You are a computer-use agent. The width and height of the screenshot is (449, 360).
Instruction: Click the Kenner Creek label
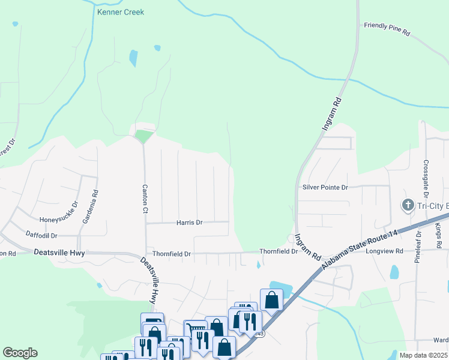tap(120, 12)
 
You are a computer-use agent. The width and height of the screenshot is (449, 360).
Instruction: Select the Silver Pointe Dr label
tap(325, 187)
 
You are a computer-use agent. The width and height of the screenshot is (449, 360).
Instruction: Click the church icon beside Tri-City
tap(408, 205)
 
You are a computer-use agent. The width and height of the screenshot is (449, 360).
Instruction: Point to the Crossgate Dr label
tap(425, 178)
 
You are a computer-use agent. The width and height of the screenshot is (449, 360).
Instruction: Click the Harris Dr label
tap(189, 223)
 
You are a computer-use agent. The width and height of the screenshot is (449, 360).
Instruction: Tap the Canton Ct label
tap(145, 198)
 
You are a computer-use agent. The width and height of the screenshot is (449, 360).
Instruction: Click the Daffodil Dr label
tap(41, 236)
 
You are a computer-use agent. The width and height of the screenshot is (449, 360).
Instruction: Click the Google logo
tap(20, 353)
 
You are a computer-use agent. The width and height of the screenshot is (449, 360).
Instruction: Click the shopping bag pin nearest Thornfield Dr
tap(272, 300)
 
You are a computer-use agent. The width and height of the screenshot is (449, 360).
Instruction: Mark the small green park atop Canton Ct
tap(143, 136)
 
